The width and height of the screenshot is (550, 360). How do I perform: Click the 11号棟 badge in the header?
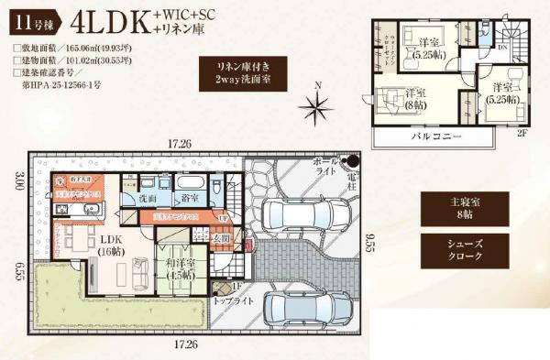click(30, 18)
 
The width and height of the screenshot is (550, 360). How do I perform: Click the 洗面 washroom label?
click(148, 198)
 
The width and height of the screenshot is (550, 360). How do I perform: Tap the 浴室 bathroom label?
click(191, 197)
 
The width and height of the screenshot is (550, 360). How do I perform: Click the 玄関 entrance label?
click(223, 239)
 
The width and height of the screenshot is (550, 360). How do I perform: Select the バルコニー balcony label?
click(435, 136)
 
